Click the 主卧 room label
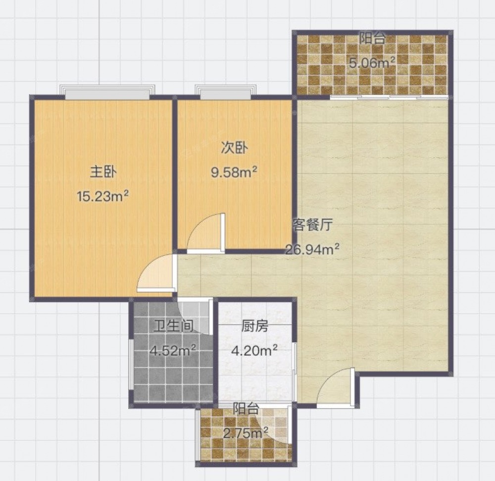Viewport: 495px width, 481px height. pos(103,172)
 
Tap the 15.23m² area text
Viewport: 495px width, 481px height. pos(103,196)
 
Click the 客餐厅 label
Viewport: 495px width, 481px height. pos(312,225)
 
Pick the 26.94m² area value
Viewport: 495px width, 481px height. pos(312,249)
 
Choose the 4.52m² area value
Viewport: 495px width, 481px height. pos(173,350)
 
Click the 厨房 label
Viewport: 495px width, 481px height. pos(255,326)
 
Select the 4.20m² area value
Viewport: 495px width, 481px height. pos(254,350)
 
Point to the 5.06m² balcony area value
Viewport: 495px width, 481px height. pos(372,63)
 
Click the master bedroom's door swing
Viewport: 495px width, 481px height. pos(155,272)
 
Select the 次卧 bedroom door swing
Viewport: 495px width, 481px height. pos(206,233)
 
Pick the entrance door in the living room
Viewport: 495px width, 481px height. pos(335,387)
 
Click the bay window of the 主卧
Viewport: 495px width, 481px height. pos(107,92)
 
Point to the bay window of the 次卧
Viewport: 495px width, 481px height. pos(225,92)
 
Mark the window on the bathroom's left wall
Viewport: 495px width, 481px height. pos(131,365)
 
